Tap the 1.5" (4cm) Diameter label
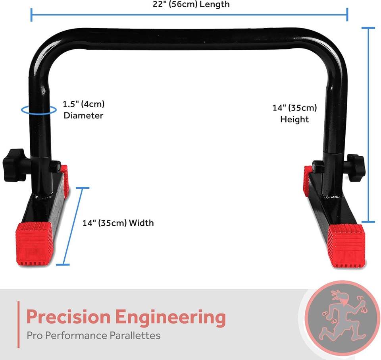pyautogui.click(x=83, y=110)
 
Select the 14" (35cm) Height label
pyautogui.click(x=294, y=113)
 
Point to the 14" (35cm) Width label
pyautogui.click(x=118, y=223)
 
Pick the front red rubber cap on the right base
pyautogui.click(x=346, y=245)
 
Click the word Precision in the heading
pyautogui.click(x=68, y=317)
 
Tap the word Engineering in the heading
pyautogui.click(x=170, y=317)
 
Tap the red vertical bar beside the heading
pyautogui.click(x=18, y=324)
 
